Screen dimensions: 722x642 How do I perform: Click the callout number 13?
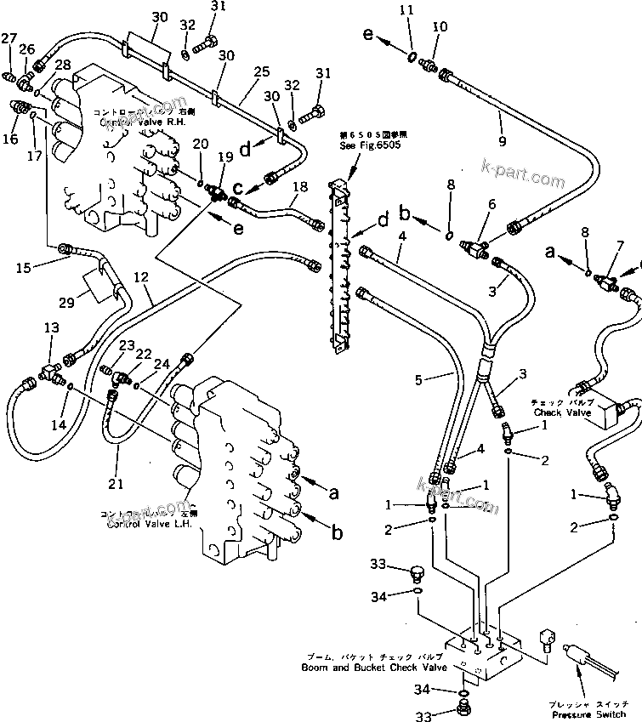coord(52,328)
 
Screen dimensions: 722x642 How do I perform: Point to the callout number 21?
coord(116,484)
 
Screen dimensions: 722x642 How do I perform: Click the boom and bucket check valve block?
coord(485,653)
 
